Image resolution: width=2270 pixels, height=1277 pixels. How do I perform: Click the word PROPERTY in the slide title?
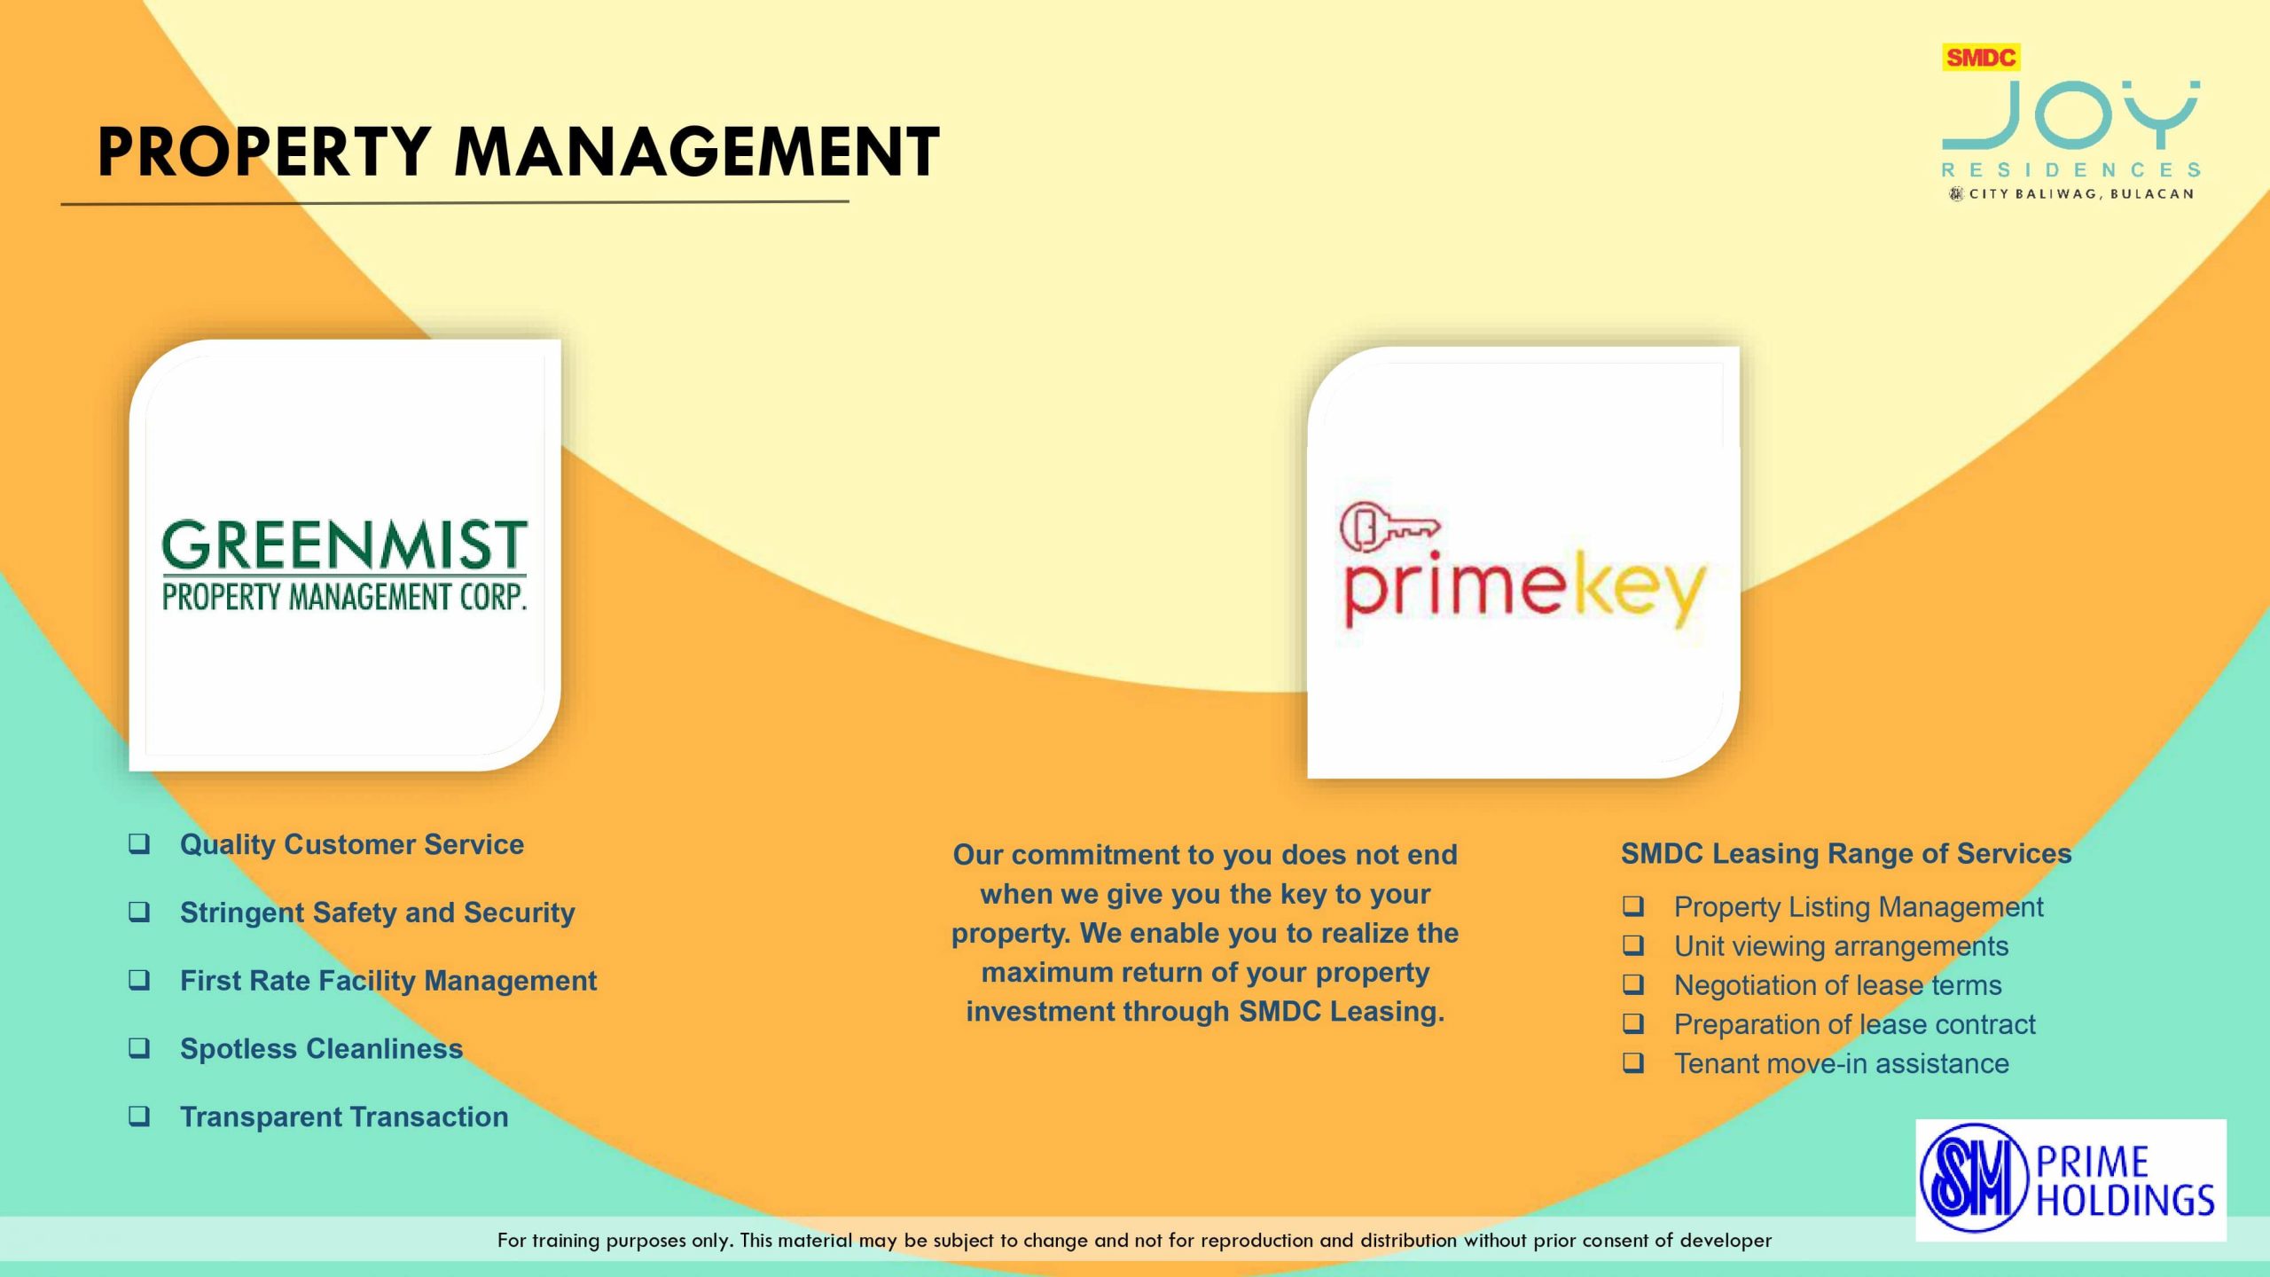pyautogui.click(x=264, y=152)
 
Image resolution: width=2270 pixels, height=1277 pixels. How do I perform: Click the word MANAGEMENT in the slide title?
pyautogui.click(x=697, y=152)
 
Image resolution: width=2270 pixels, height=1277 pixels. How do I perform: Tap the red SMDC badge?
pyautogui.click(x=1981, y=58)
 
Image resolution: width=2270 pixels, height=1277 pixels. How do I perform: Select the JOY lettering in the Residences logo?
pyautogui.click(x=2071, y=115)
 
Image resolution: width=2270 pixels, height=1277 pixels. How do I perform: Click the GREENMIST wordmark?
pyautogui.click(x=344, y=544)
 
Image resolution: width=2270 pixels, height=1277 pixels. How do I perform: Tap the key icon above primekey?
pyautogui.click(x=1389, y=527)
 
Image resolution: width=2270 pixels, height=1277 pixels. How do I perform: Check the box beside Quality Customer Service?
pyautogui.click(x=139, y=843)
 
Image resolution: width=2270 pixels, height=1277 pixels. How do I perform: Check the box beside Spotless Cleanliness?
pyautogui.click(x=139, y=1047)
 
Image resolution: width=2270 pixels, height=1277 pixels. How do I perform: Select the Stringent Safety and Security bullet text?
pyautogui.click(x=377, y=913)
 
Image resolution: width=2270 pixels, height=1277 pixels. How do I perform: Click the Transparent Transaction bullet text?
pyautogui.click(x=344, y=1116)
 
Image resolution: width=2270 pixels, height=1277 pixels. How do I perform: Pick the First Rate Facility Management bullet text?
pyautogui.click(x=388, y=981)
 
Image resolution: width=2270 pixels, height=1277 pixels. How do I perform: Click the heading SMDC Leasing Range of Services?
pyautogui.click(x=1846, y=853)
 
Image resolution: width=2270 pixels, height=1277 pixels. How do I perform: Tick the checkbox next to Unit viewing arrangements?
pyautogui.click(x=1633, y=945)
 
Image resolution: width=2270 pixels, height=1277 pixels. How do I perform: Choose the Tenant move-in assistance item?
pyautogui.click(x=1841, y=1063)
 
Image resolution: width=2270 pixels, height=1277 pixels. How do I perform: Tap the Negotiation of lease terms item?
pyautogui.click(x=1837, y=985)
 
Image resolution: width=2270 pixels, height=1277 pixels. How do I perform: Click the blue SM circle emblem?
pyautogui.click(x=1975, y=1178)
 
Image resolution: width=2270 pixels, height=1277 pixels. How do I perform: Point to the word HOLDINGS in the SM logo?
pyautogui.click(x=2125, y=1200)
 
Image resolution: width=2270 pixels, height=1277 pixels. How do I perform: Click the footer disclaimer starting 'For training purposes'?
pyautogui.click(x=1134, y=1240)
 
